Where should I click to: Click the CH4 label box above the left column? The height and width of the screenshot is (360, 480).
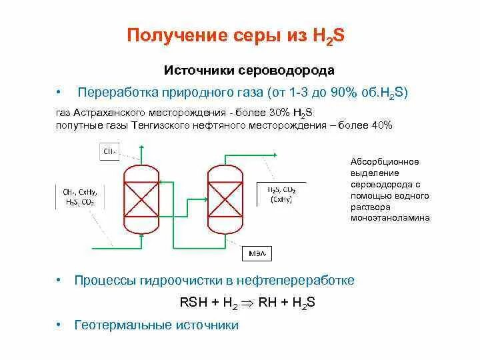coord(109,152)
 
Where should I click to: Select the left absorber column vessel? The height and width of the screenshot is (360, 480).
coord(141,198)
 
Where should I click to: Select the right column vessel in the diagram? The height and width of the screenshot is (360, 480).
coord(226,198)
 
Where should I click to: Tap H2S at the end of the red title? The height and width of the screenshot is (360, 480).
coord(328,36)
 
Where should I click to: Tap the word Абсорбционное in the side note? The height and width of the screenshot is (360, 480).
coord(385,161)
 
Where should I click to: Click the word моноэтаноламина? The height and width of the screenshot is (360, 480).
coord(391,217)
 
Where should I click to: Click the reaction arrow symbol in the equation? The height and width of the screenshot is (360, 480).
coord(247,303)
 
